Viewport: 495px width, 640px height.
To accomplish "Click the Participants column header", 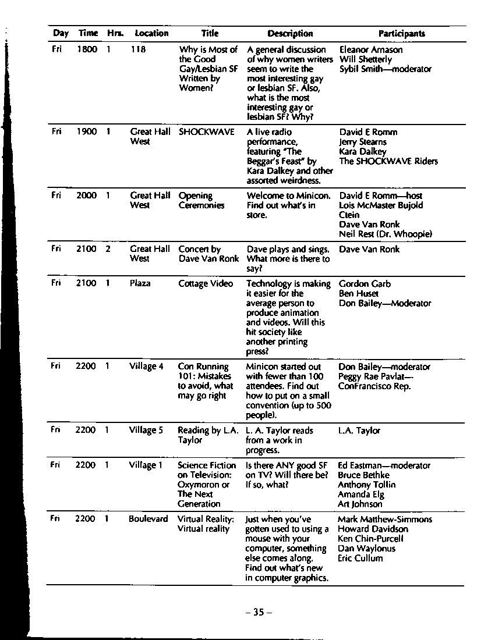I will click(x=401, y=34).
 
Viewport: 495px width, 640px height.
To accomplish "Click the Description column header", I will click(x=290, y=34).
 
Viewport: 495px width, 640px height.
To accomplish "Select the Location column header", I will click(x=151, y=34).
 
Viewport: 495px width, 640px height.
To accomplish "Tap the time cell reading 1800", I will click(x=87, y=50).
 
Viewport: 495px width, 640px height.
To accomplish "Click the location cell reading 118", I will click(x=138, y=50).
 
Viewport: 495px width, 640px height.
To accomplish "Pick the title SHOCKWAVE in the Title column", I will click(x=206, y=132).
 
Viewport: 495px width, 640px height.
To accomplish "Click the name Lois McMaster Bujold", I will click(x=381, y=205).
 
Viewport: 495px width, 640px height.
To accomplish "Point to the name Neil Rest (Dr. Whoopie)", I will click(x=386, y=234).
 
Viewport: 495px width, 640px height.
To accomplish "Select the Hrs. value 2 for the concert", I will click(x=108, y=249).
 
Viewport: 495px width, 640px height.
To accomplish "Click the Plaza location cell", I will click(x=140, y=283).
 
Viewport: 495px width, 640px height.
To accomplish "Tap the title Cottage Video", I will click(x=205, y=284).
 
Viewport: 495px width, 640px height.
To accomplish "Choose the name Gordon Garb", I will click(x=365, y=284).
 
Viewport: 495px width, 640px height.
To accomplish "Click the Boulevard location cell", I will click(x=148, y=519).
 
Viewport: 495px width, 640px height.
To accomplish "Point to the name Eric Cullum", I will click(x=360, y=559).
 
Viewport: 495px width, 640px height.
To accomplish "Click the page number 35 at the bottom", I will click(x=259, y=612).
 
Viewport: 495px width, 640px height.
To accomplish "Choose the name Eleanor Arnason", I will click(x=370, y=50).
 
